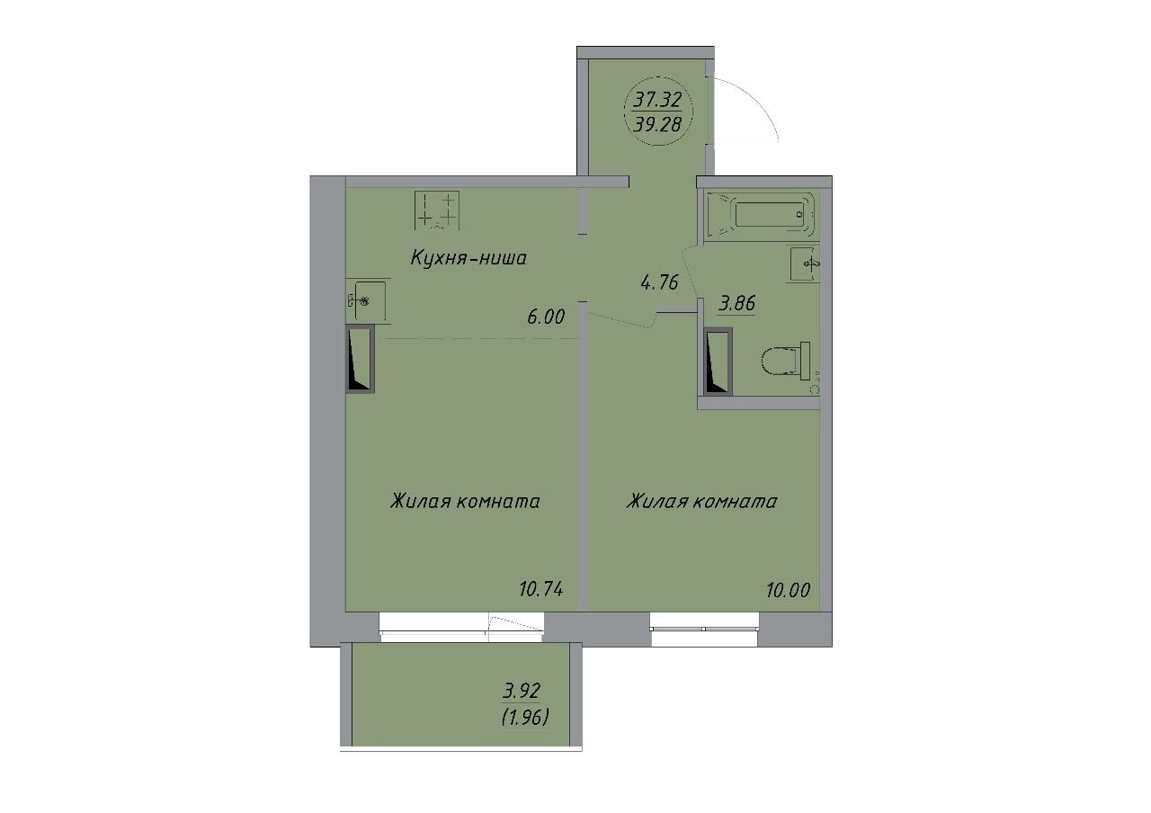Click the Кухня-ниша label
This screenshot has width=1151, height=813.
coord(468,258)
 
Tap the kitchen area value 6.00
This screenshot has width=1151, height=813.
coord(546,317)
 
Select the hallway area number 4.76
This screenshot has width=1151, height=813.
coord(660,282)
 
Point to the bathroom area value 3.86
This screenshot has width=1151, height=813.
coord(736,304)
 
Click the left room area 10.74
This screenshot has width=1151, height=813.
coord(541,589)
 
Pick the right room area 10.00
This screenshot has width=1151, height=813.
coord(789,591)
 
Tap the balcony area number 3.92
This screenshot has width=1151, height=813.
coord(522,692)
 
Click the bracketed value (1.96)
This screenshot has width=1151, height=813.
coord(524,717)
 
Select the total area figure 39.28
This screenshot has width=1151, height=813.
coord(657,125)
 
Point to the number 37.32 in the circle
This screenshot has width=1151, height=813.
coord(657,100)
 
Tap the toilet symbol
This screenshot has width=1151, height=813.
coord(785,362)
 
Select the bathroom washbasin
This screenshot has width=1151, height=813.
coord(804,264)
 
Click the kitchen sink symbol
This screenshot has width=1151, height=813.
coord(366,300)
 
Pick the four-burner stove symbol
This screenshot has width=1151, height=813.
coord(437,210)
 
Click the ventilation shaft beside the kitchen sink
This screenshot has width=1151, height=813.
coord(360,359)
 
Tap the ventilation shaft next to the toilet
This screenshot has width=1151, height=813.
coord(718,362)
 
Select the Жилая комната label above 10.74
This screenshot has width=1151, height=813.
coord(465,501)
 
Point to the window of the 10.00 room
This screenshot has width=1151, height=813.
coord(704,629)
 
